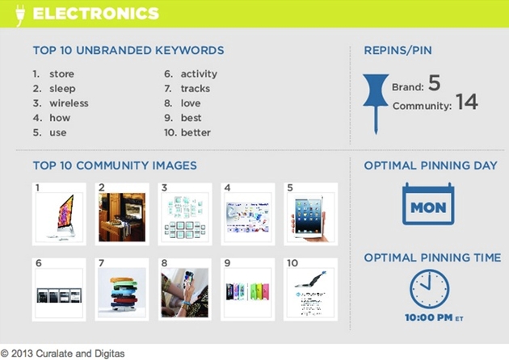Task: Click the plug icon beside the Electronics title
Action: (20, 15)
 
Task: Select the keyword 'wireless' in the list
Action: (69, 103)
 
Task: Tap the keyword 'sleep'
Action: (62, 89)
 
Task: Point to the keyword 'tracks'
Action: (196, 89)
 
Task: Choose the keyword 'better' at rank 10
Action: (196, 132)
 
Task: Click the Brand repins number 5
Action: (435, 82)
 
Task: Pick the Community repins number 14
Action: (466, 102)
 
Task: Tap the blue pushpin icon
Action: (376, 103)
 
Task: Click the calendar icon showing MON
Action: (428, 203)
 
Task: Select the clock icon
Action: (429, 289)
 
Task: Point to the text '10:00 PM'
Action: (428, 317)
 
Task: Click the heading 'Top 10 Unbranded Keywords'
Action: (128, 50)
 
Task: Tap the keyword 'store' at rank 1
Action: (61, 74)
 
